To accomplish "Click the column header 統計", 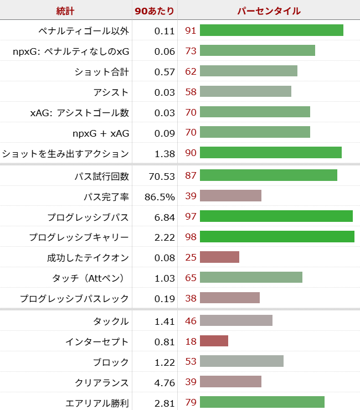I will (66, 11).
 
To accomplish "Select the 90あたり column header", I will (155, 11).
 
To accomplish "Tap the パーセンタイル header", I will (269, 11).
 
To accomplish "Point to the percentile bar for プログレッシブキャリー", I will (277, 237).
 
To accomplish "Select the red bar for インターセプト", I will (214, 341).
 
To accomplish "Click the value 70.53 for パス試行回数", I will (162, 177).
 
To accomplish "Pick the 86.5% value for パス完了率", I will (160, 196).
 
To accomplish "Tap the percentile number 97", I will (191, 217).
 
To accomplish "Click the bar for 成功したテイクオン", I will (219, 258).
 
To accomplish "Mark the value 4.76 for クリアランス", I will (164, 382).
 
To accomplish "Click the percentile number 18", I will (191, 341).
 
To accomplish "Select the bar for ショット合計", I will (248, 71).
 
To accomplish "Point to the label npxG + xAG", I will (101, 133).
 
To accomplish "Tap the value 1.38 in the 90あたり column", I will (164, 153).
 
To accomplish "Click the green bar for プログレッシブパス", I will (276, 217).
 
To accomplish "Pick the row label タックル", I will (112, 321).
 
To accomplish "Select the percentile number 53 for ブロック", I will (191, 362).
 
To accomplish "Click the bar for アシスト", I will (245, 92).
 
